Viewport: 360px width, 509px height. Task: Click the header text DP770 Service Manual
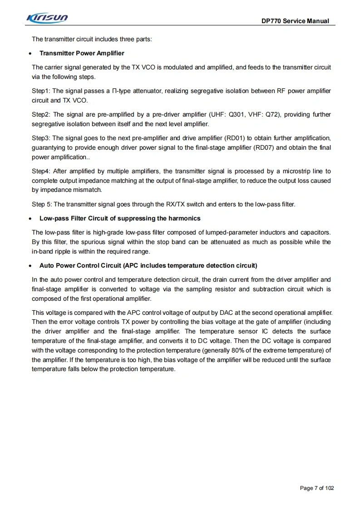coord(295,21)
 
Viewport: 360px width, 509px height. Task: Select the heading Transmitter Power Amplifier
coord(82,53)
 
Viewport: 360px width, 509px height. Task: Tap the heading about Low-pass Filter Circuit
coord(120,218)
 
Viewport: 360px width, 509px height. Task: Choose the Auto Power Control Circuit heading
coord(148,265)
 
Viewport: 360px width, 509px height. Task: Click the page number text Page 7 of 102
coord(317,488)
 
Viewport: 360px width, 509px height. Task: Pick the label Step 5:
coord(42,204)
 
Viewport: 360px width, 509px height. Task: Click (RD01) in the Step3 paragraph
coord(234,138)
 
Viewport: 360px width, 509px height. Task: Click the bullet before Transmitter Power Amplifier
coord(30,54)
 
